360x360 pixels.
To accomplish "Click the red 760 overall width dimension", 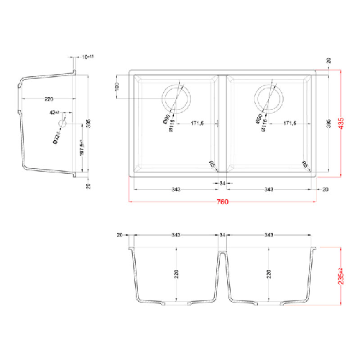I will pyautogui.click(x=222, y=203).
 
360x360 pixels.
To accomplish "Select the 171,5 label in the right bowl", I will pyautogui.click(x=290, y=124).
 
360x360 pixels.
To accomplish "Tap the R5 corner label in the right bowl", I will pyautogui.click(x=305, y=164).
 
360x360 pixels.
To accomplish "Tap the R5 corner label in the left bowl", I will pyautogui.click(x=211, y=164).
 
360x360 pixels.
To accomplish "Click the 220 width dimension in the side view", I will pyautogui.click(x=48, y=98).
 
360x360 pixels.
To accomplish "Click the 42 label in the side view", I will pyautogui.click(x=54, y=113).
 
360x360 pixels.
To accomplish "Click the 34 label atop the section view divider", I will pyautogui.click(x=223, y=234).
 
